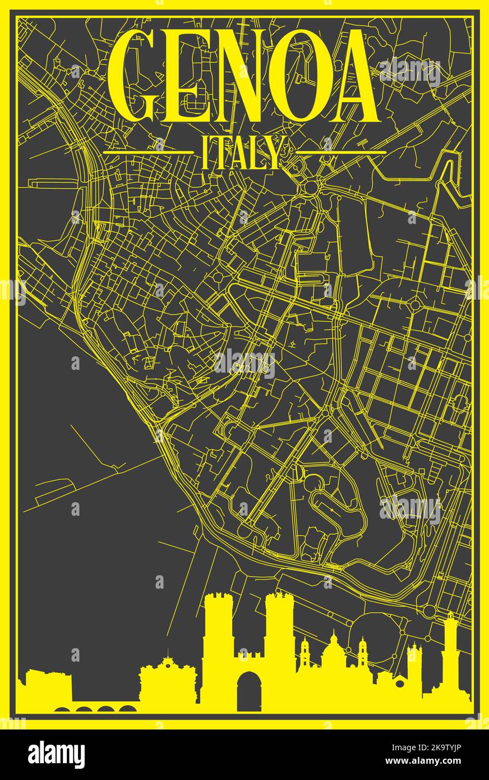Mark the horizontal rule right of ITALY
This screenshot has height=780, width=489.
(341, 152)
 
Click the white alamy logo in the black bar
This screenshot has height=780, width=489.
(56, 755)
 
